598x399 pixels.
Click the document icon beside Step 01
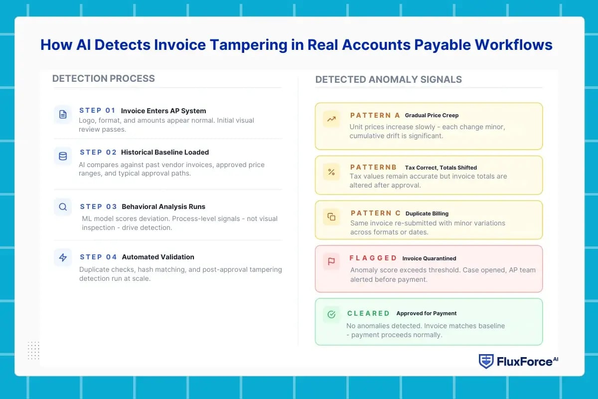click(x=63, y=114)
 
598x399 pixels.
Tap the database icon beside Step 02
click(x=63, y=156)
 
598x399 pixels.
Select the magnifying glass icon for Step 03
click(x=63, y=207)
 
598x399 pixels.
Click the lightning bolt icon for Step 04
click(x=63, y=257)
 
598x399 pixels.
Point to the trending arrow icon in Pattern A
click(x=331, y=119)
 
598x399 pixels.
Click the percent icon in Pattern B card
click(x=331, y=172)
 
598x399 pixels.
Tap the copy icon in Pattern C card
click(x=331, y=216)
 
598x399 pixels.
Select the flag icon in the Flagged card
click(x=331, y=261)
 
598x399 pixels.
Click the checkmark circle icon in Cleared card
click(x=331, y=314)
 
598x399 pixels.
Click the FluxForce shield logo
click(x=486, y=361)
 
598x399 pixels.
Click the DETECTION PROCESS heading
click(x=104, y=79)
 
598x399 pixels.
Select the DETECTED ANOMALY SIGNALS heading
click(x=388, y=80)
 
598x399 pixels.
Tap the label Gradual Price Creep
click(x=432, y=115)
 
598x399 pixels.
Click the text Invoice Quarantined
click(x=429, y=258)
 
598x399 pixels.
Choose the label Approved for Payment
click(x=427, y=313)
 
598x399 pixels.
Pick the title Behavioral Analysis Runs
click(x=163, y=206)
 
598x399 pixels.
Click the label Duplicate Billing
click(x=427, y=213)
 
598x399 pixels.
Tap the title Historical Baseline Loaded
click(x=165, y=152)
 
